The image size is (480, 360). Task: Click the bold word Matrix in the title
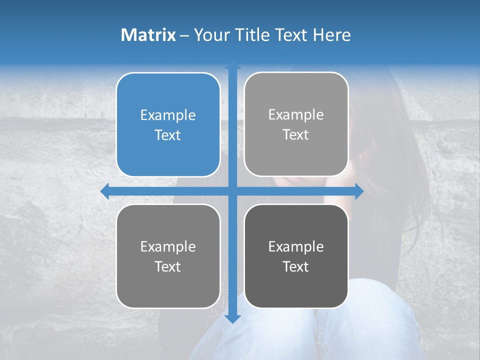(x=148, y=35)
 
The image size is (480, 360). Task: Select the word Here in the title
(x=331, y=35)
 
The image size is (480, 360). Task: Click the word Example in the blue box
(x=168, y=115)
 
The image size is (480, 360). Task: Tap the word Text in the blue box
(x=168, y=135)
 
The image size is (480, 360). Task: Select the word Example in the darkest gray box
(x=296, y=246)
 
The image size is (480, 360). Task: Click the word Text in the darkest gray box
(x=296, y=266)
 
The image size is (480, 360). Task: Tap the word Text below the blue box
(x=168, y=266)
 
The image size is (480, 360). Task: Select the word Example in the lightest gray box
(x=296, y=115)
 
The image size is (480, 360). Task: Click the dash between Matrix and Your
(x=184, y=35)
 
